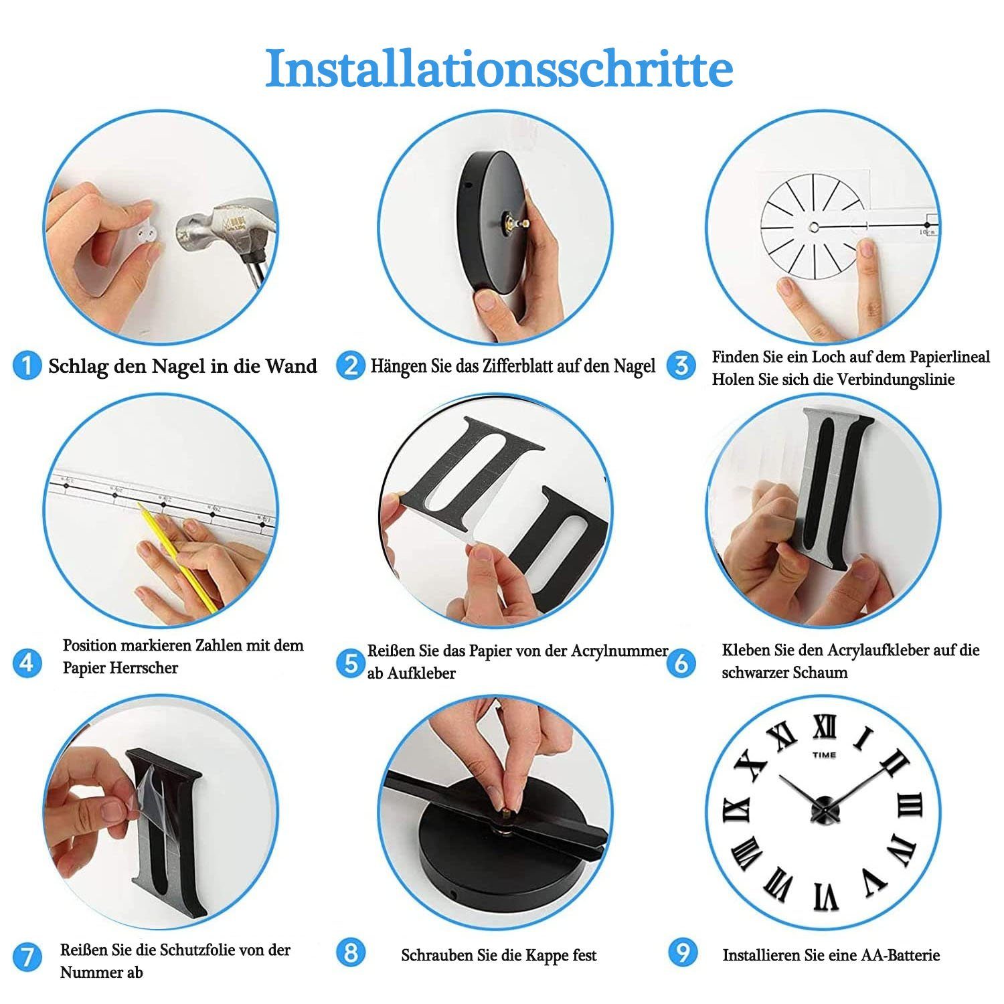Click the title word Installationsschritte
[x=499, y=68]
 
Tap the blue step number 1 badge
[x=27, y=366]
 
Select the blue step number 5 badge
[x=350, y=663]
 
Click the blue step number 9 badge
[x=683, y=952]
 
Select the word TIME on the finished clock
[x=824, y=755]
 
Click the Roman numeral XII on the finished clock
[x=824, y=728]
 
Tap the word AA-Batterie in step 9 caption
[x=902, y=955]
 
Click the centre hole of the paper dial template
[x=815, y=226]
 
